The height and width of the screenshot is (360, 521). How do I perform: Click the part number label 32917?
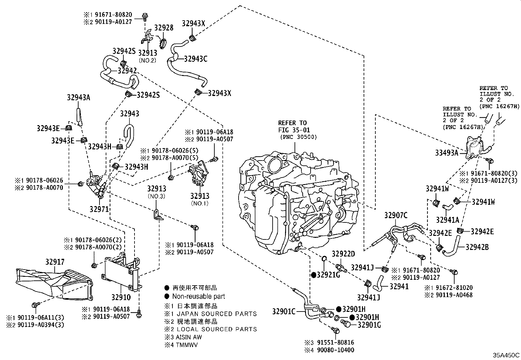pos(55,262)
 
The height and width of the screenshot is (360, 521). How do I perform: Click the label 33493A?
pos(446,152)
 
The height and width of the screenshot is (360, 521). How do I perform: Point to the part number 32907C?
pos(396,215)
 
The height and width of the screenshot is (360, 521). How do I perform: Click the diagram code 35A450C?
pos(507,355)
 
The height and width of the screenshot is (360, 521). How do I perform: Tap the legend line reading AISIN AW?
pos(189,337)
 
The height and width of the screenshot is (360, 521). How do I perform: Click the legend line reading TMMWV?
pos(187,345)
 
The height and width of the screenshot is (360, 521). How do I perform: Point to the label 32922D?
pos(343,254)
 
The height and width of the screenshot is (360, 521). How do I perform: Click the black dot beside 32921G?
pos(313,275)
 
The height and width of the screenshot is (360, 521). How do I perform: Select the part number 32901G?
pos(369,325)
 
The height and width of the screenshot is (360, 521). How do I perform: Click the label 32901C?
pos(284,311)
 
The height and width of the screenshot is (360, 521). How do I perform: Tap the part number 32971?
pos(99,209)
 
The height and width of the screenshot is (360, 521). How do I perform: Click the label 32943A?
pos(78,97)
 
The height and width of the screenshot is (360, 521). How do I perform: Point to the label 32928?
pos(164,28)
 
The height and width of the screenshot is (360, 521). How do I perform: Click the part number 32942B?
pos(477,247)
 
